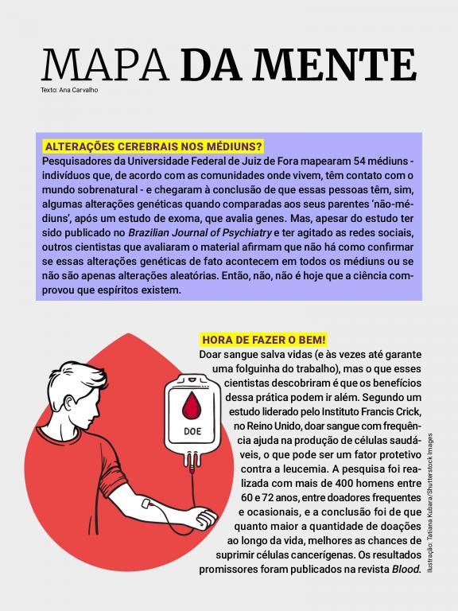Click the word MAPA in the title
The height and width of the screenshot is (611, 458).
coord(105,64)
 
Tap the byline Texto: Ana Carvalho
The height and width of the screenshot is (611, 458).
coord(69,90)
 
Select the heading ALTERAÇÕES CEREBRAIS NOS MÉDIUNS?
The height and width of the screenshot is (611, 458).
coord(153,147)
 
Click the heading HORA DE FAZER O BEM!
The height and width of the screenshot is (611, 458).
coord(264,340)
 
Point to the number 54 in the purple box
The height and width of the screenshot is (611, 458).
coord(361,162)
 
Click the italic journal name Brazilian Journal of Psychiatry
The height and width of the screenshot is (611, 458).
coord(200,233)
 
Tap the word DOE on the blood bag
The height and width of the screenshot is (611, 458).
coord(192,431)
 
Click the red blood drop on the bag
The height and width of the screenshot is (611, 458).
coord(191,406)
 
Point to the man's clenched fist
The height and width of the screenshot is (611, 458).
coord(205,517)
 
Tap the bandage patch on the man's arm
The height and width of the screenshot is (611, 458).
coord(148,503)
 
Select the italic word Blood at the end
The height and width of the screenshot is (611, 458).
coord(406,570)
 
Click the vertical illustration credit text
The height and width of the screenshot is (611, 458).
coord(430,503)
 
